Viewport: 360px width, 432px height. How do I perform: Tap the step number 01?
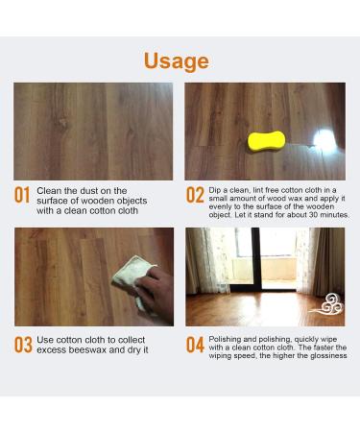(23, 196)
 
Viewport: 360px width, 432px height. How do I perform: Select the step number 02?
(195, 196)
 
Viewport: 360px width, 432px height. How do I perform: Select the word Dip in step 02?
(216, 190)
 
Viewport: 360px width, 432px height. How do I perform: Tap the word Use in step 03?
(48, 339)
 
